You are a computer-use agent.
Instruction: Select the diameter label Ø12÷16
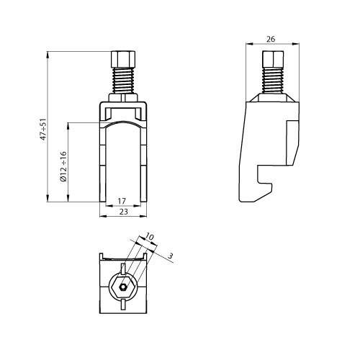tap(63, 166)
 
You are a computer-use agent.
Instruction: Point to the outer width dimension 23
tap(123, 212)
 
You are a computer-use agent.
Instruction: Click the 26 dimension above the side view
tap(271, 39)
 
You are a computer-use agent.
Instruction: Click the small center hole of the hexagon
tap(124, 287)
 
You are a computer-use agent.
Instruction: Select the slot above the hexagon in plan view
tap(124, 269)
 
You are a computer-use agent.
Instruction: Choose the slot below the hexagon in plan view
tap(124, 306)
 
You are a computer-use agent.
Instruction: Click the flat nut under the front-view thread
tap(123, 95)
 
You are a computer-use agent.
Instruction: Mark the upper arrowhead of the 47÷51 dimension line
tap(48, 53)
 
